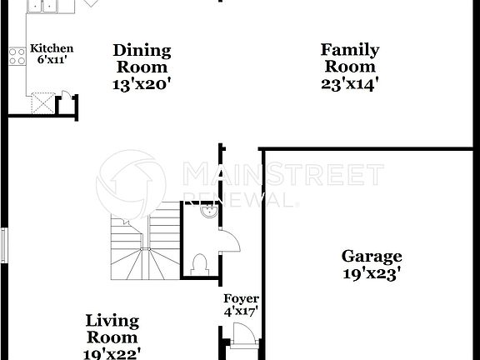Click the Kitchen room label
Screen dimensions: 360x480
[x=52, y=49]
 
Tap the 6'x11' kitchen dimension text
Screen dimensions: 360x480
[x=52, y=61]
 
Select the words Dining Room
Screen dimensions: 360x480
[x=142, y=58]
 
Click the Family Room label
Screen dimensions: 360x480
[x=350, y=58]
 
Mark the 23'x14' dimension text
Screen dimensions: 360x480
[x=350, y=83]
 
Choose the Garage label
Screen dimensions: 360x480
[x=372, y=257]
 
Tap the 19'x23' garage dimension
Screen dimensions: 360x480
[x=372, y=272]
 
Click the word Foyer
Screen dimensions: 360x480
[x=241, y=299]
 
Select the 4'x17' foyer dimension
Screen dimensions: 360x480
[x=241, y=312]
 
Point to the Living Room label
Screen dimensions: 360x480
[x=112, y=329]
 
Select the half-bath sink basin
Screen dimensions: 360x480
[x=210, y=213]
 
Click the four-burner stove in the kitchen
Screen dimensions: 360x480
[x=17, y=57]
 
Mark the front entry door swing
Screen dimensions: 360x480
[x=242, y=337]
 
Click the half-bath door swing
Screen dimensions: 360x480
[x=229, y=242]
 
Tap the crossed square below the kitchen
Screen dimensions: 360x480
[x=42, y=105]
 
